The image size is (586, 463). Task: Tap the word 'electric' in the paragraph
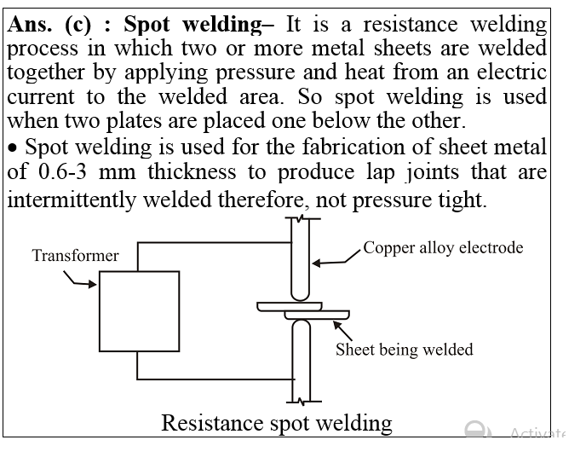(x=510, y=73)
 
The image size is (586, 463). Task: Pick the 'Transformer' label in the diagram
(x=76, y=255)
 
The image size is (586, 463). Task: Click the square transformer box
(x=138, y=310)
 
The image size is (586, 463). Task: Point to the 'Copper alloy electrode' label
(x=443, y=248)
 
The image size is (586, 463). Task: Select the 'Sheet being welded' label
(x=404, y=350)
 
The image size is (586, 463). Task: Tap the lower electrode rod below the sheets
(x=301, y=358)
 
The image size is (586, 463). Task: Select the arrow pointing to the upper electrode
(x=332, y=261)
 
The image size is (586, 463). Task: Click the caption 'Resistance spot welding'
(x=277, y=423)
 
